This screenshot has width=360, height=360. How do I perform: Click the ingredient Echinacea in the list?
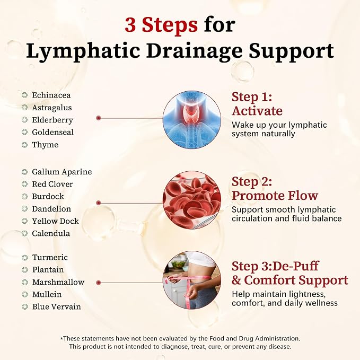51,95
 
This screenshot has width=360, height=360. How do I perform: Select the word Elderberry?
52,120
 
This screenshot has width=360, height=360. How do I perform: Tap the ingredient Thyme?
45,145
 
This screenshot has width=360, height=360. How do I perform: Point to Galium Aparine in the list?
62,172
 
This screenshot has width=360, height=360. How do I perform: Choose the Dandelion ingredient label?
51,209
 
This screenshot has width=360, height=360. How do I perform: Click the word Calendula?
51,233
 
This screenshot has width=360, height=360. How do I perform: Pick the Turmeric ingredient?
50,257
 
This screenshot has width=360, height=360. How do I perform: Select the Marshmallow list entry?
58,282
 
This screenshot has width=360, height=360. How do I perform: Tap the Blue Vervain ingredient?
57,306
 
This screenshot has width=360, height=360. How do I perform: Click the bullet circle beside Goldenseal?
24,132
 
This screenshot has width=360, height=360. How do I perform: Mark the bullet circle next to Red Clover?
24,184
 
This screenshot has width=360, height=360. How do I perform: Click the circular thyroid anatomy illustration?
192,120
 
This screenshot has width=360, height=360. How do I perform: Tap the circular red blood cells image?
192,200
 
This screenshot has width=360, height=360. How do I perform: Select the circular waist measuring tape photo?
192,280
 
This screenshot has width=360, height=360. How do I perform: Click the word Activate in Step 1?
257,111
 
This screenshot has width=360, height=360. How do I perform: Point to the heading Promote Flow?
275,196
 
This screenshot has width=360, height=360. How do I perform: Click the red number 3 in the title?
130,25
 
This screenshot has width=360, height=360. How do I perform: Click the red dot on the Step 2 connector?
99,203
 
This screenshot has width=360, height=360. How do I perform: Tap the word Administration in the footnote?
278,338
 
